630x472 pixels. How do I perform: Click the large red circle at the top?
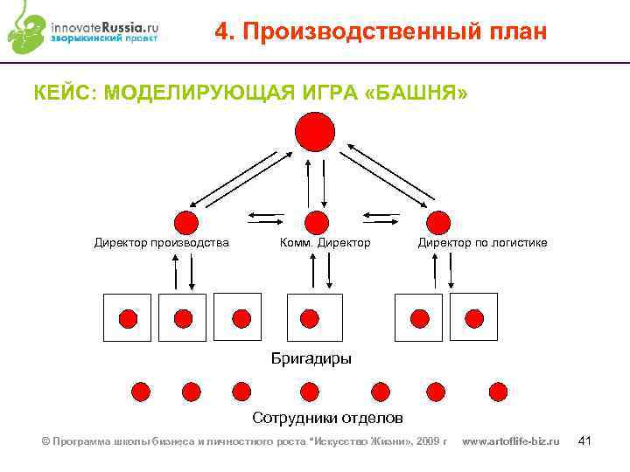315,133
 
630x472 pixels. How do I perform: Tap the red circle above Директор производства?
185,222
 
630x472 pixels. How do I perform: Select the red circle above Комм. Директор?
316,222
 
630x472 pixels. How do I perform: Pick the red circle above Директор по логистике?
437,222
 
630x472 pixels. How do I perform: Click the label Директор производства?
162,242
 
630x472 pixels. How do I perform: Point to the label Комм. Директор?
325,242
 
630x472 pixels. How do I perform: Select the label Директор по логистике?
482,242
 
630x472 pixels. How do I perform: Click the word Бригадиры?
311,358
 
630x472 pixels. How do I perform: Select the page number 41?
586,441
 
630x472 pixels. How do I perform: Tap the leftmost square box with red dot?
128,317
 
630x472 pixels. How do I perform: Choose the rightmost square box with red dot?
473,316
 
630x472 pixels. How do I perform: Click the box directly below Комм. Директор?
315,316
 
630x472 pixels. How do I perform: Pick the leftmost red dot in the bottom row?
140,391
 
